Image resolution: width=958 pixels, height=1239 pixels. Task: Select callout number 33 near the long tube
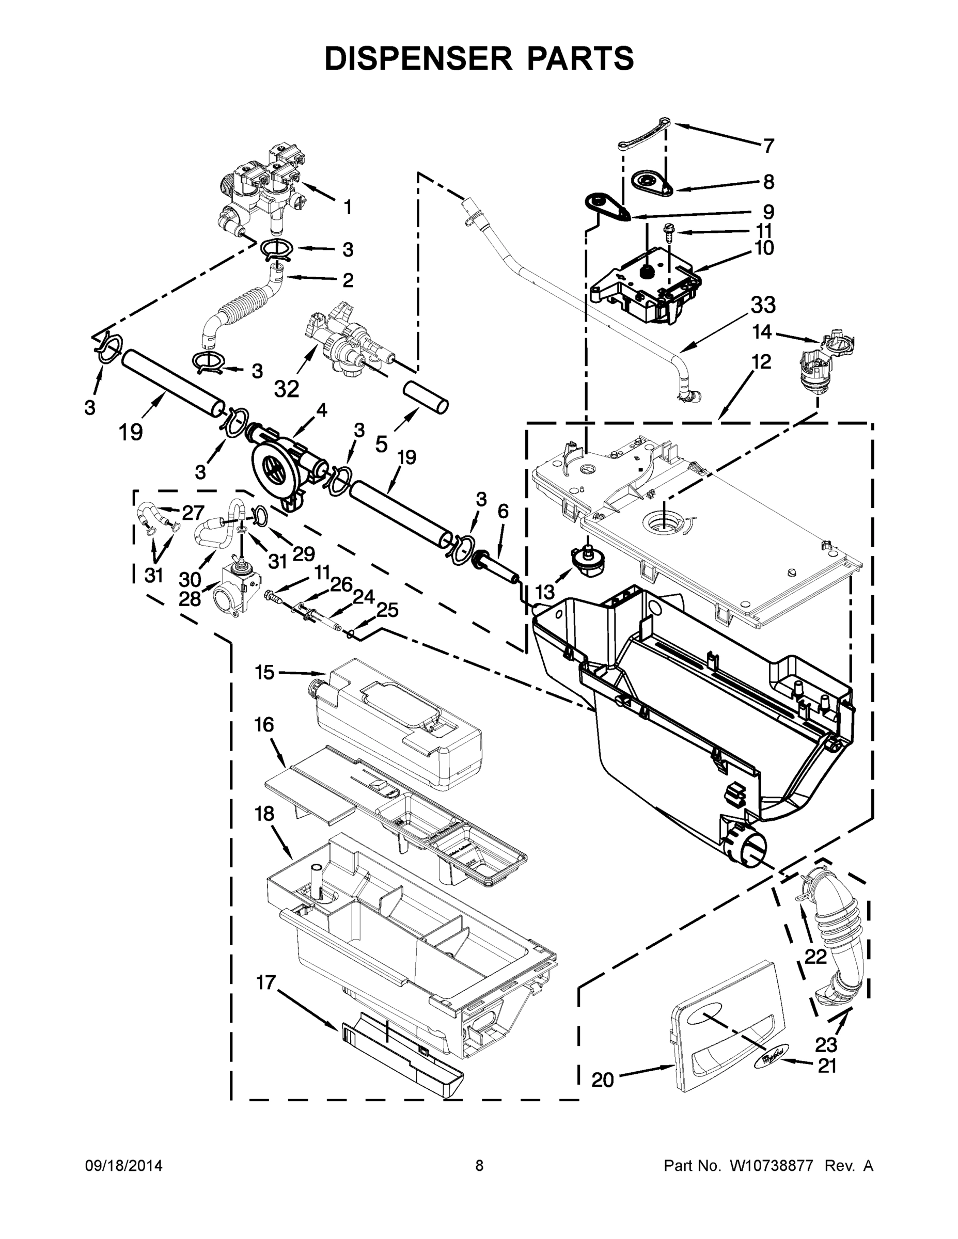click(x=763, y=305)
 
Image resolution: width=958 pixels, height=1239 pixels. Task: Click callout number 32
click(x=287, y=389)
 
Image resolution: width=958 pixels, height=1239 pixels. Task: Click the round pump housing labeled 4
click(x=276, y=467)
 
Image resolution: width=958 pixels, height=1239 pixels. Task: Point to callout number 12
click(x=762, y=361)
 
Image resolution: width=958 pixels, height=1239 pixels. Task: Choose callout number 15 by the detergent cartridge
click(x=264, y=673)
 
